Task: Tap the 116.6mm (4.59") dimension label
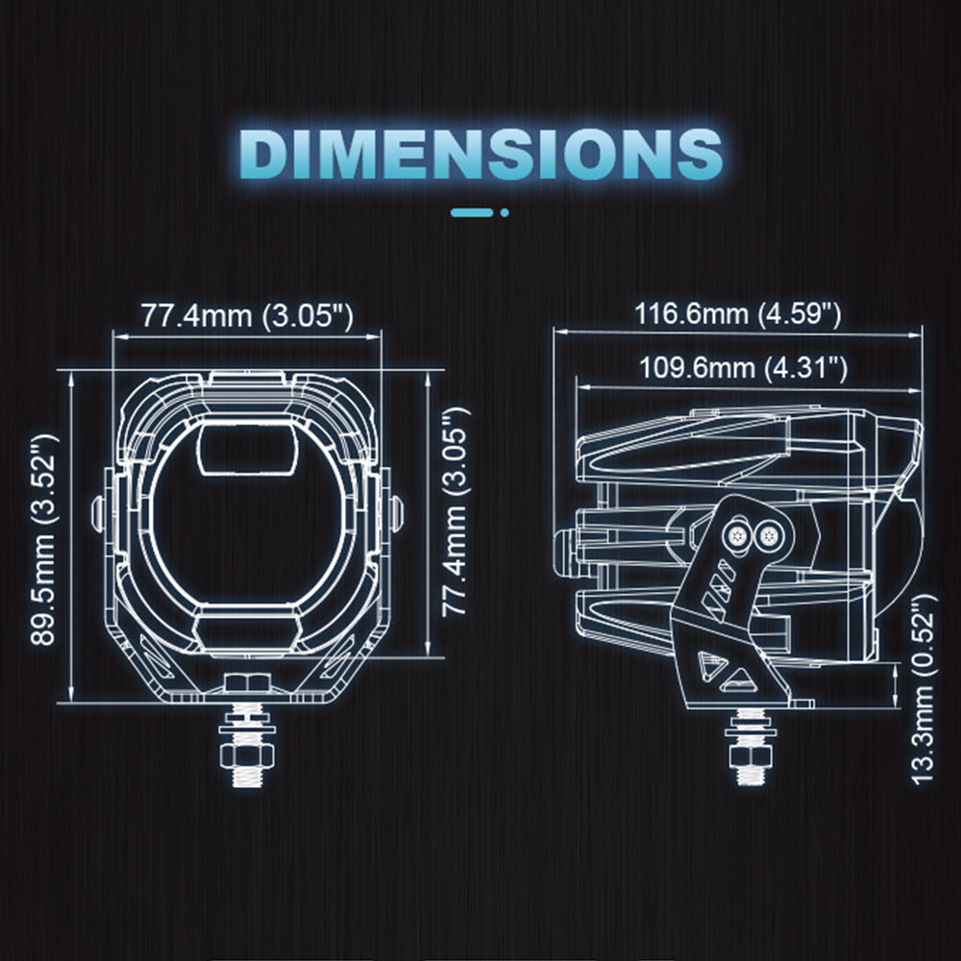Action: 737,314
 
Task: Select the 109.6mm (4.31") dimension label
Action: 743,368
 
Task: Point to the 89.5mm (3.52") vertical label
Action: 44,540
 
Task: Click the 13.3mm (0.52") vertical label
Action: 924,689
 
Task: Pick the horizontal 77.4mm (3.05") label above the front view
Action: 248,316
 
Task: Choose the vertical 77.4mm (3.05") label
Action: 456,511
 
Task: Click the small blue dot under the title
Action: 505,212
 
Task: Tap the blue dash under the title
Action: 472,212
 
